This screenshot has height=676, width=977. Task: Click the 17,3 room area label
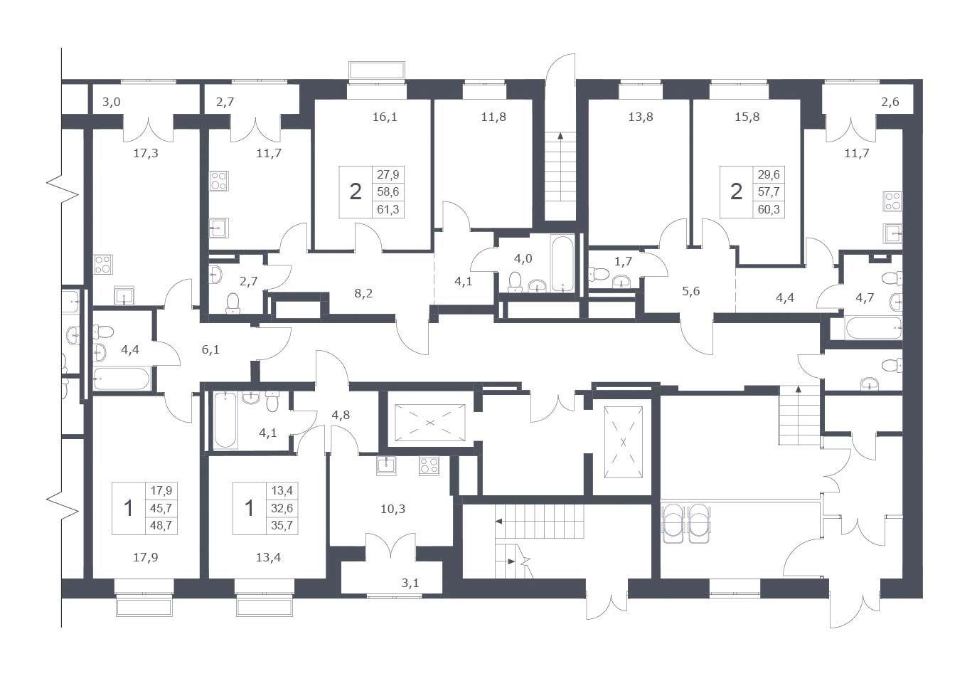(x=146, y=153)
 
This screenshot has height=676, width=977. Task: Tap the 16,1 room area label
(x=385, y=117)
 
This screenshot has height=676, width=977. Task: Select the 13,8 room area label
(x=640, y=117)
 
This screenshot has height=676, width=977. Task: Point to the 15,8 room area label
(x=747, y=117)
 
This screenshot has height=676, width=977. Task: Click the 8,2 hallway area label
(x=363, y=293)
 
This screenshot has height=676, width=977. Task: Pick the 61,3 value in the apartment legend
(x=388, y=209)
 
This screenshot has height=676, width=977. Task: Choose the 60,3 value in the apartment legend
(x=769, y=209)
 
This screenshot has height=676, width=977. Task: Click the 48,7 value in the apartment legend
(x=161, y=526)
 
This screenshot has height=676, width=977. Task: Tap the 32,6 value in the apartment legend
(x=282, y=508)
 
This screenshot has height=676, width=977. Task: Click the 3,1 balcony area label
(x=410, y=583)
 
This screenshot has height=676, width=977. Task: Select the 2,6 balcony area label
(x=890, y=102)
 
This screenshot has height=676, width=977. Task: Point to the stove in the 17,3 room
(x=103, y=265)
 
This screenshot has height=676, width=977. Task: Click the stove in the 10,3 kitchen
(x=429, y=466)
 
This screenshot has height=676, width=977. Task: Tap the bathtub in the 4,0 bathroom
(x=562, y=263)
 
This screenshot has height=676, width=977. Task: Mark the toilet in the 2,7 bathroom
(x=233, y=304)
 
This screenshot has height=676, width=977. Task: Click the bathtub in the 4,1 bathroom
(x=226, y=420)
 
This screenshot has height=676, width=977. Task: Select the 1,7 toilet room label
(x=623, y=261)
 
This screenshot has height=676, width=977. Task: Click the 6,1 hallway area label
(x=210, y=350)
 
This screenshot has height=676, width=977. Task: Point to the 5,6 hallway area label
(x=691, y=291)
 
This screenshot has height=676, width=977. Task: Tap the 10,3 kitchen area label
(x=393, y=509)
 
